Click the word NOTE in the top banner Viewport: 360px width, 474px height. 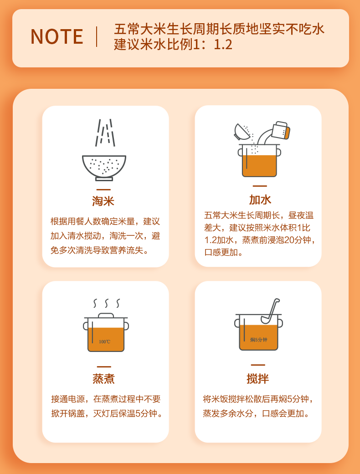pyautogui.click(x=57, y=37)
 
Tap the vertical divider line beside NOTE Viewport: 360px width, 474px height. pyautogui.click(x=97, y=36)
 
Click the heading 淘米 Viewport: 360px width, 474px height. pyautogui.click(x=103, y=201)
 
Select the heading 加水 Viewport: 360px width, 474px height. pyautogui.click(x=260, y=200)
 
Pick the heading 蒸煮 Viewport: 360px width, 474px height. pyautogui.click(x=103, y=378)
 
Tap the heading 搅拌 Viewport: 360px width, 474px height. pyautogui.click(x=258, y=378)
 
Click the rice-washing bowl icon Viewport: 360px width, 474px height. pyautogui.click(x=104, y=168)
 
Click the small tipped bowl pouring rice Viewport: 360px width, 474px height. pyautogui.click(x=242, y=132)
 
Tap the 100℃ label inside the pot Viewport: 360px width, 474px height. pyautogui.click(x=104, y=342)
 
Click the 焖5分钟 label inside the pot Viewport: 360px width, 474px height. pyautogui.click(x=259, y=340)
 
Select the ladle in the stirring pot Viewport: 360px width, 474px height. pyautogui.click(x=270, y=311)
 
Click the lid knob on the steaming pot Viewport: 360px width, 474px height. pyautogui.click(x=106, y=315)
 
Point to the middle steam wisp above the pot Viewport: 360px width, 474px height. pyautogui.click(x=107, y=303)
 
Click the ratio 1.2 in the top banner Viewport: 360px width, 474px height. pyautogui.click(x=223, y=45)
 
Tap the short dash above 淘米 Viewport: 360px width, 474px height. pyautogui.click(x=103, y=189)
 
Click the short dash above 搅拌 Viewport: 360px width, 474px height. pyautogui.click(x=258, y=365)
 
